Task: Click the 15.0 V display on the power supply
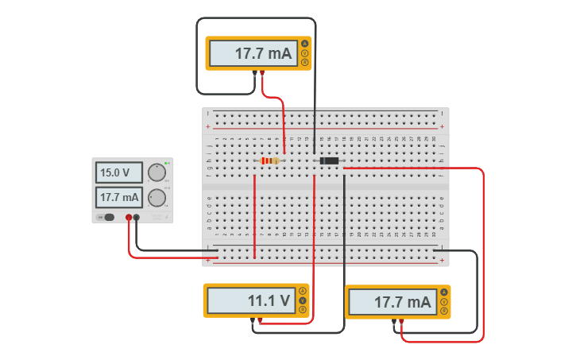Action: [118, 172]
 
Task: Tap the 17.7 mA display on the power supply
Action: [118, 197]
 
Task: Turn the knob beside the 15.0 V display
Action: [157, 172]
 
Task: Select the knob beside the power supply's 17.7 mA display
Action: [157, 198]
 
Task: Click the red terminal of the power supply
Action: [129, 217]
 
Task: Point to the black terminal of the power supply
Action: [137, 217]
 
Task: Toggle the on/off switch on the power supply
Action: [106, 217]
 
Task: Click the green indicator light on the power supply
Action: [166, 162]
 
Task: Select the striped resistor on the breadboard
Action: [270, 161]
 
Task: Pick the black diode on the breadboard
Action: [328, 161]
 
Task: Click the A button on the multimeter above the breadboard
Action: [304, 44]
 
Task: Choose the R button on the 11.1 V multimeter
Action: [302, 309]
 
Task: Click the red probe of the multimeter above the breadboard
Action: [262, 73]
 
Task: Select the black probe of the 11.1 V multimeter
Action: [253, 320]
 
